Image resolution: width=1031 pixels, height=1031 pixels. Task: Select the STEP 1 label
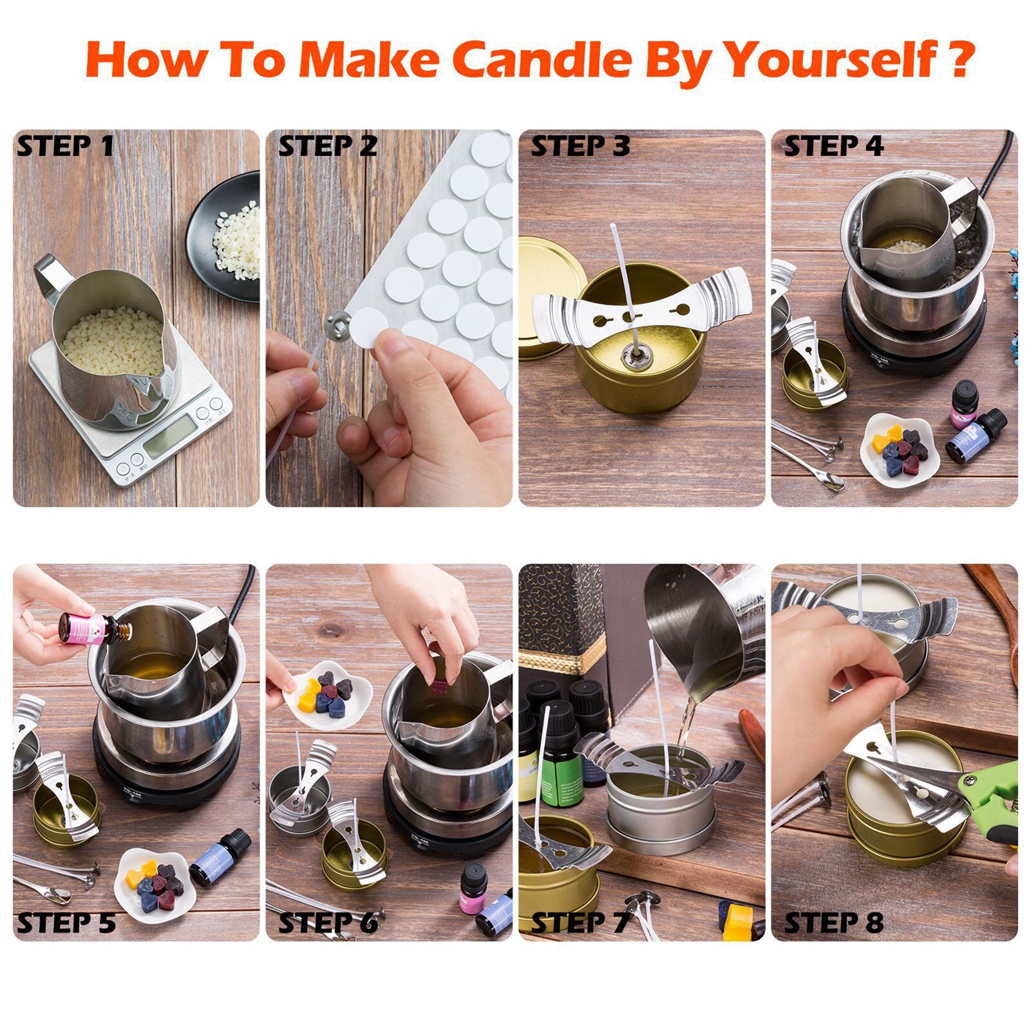coord(65,146)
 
